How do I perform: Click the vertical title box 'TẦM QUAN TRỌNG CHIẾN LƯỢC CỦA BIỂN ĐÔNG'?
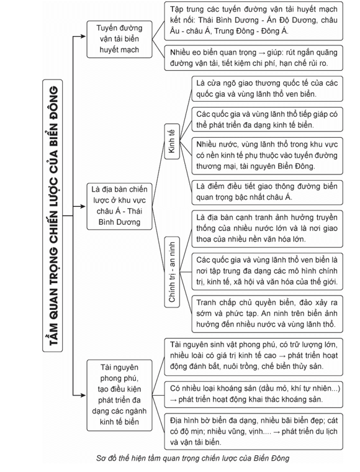click(x=52, y=216)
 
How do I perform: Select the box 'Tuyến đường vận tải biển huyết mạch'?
click(x=119, y=39)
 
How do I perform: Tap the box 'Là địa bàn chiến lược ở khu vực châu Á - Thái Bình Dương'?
click(x=119, y=206)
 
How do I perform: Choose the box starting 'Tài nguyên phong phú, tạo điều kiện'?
click(x=119, y=395)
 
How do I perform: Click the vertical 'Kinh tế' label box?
click(x=172, y=141)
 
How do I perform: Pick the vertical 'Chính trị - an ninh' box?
click(x=172, y=272)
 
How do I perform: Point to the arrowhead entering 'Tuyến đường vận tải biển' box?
click(x=83, y=37)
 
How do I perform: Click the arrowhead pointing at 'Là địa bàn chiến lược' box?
click(x=83, y=206)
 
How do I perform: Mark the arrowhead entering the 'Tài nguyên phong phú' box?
click(x=83, y=395)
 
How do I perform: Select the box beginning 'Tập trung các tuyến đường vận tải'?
click(x=253, y=20)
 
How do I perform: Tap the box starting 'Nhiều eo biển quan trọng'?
click(x=253, y=58)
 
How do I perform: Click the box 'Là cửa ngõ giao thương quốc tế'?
click(x=267, y=88)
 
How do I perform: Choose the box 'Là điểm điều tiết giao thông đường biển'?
click(x=267, y=192)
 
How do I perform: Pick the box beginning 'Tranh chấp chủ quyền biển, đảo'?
click(x=267, y=314)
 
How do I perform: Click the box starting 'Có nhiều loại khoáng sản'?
click(x=253, y=394)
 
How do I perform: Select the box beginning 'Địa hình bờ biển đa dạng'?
click(x=253, y=432)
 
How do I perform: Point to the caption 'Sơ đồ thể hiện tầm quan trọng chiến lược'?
click(x=192, y=458)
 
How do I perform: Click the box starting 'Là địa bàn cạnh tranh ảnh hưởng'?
click(x=267, y=229)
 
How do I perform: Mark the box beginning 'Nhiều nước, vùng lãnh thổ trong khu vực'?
click(x=267, y=156)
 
